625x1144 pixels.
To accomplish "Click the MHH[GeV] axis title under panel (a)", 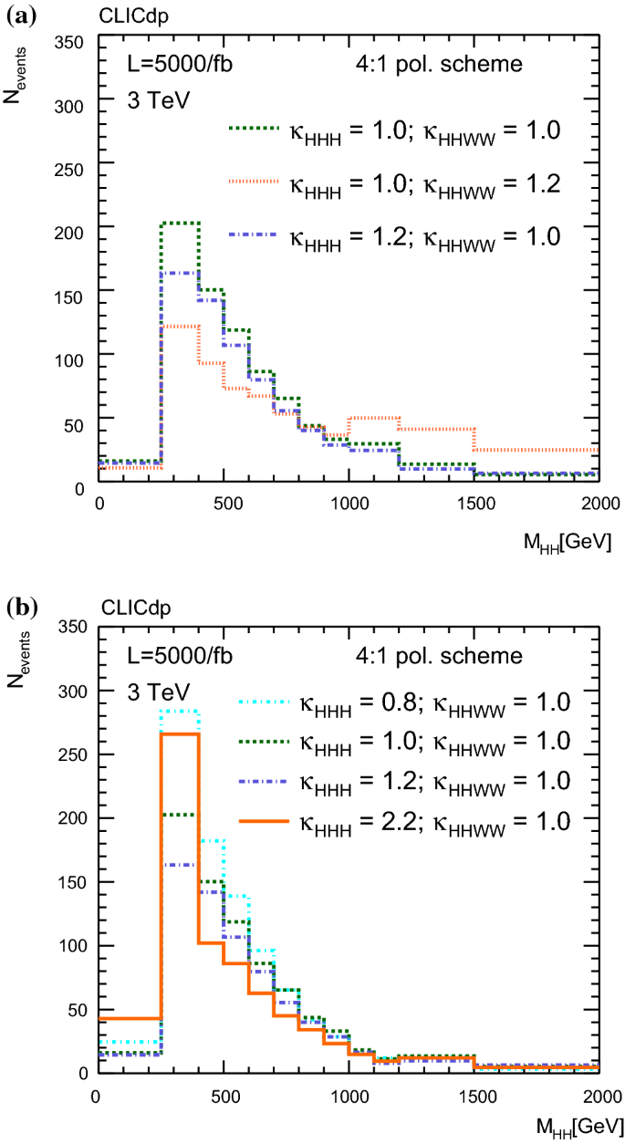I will click(572, 541).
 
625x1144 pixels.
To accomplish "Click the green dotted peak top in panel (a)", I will click(180, 223).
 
